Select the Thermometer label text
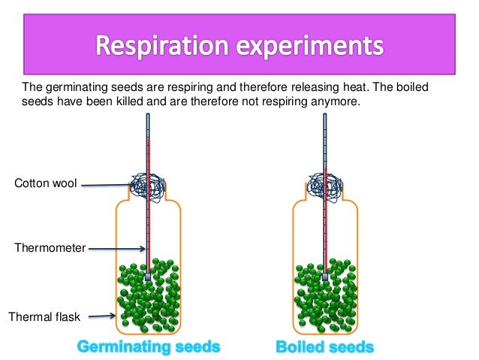point(49,248)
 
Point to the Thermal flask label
point(44,316)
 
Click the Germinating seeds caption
point(149,347)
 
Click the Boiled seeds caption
point(324,347)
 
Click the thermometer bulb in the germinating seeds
point(149,277)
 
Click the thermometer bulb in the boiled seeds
point(325,277)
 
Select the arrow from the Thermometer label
point(116,249)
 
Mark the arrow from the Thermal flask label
point(101,316)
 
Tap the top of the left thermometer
point(149,116)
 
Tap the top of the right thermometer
point(325,116)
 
